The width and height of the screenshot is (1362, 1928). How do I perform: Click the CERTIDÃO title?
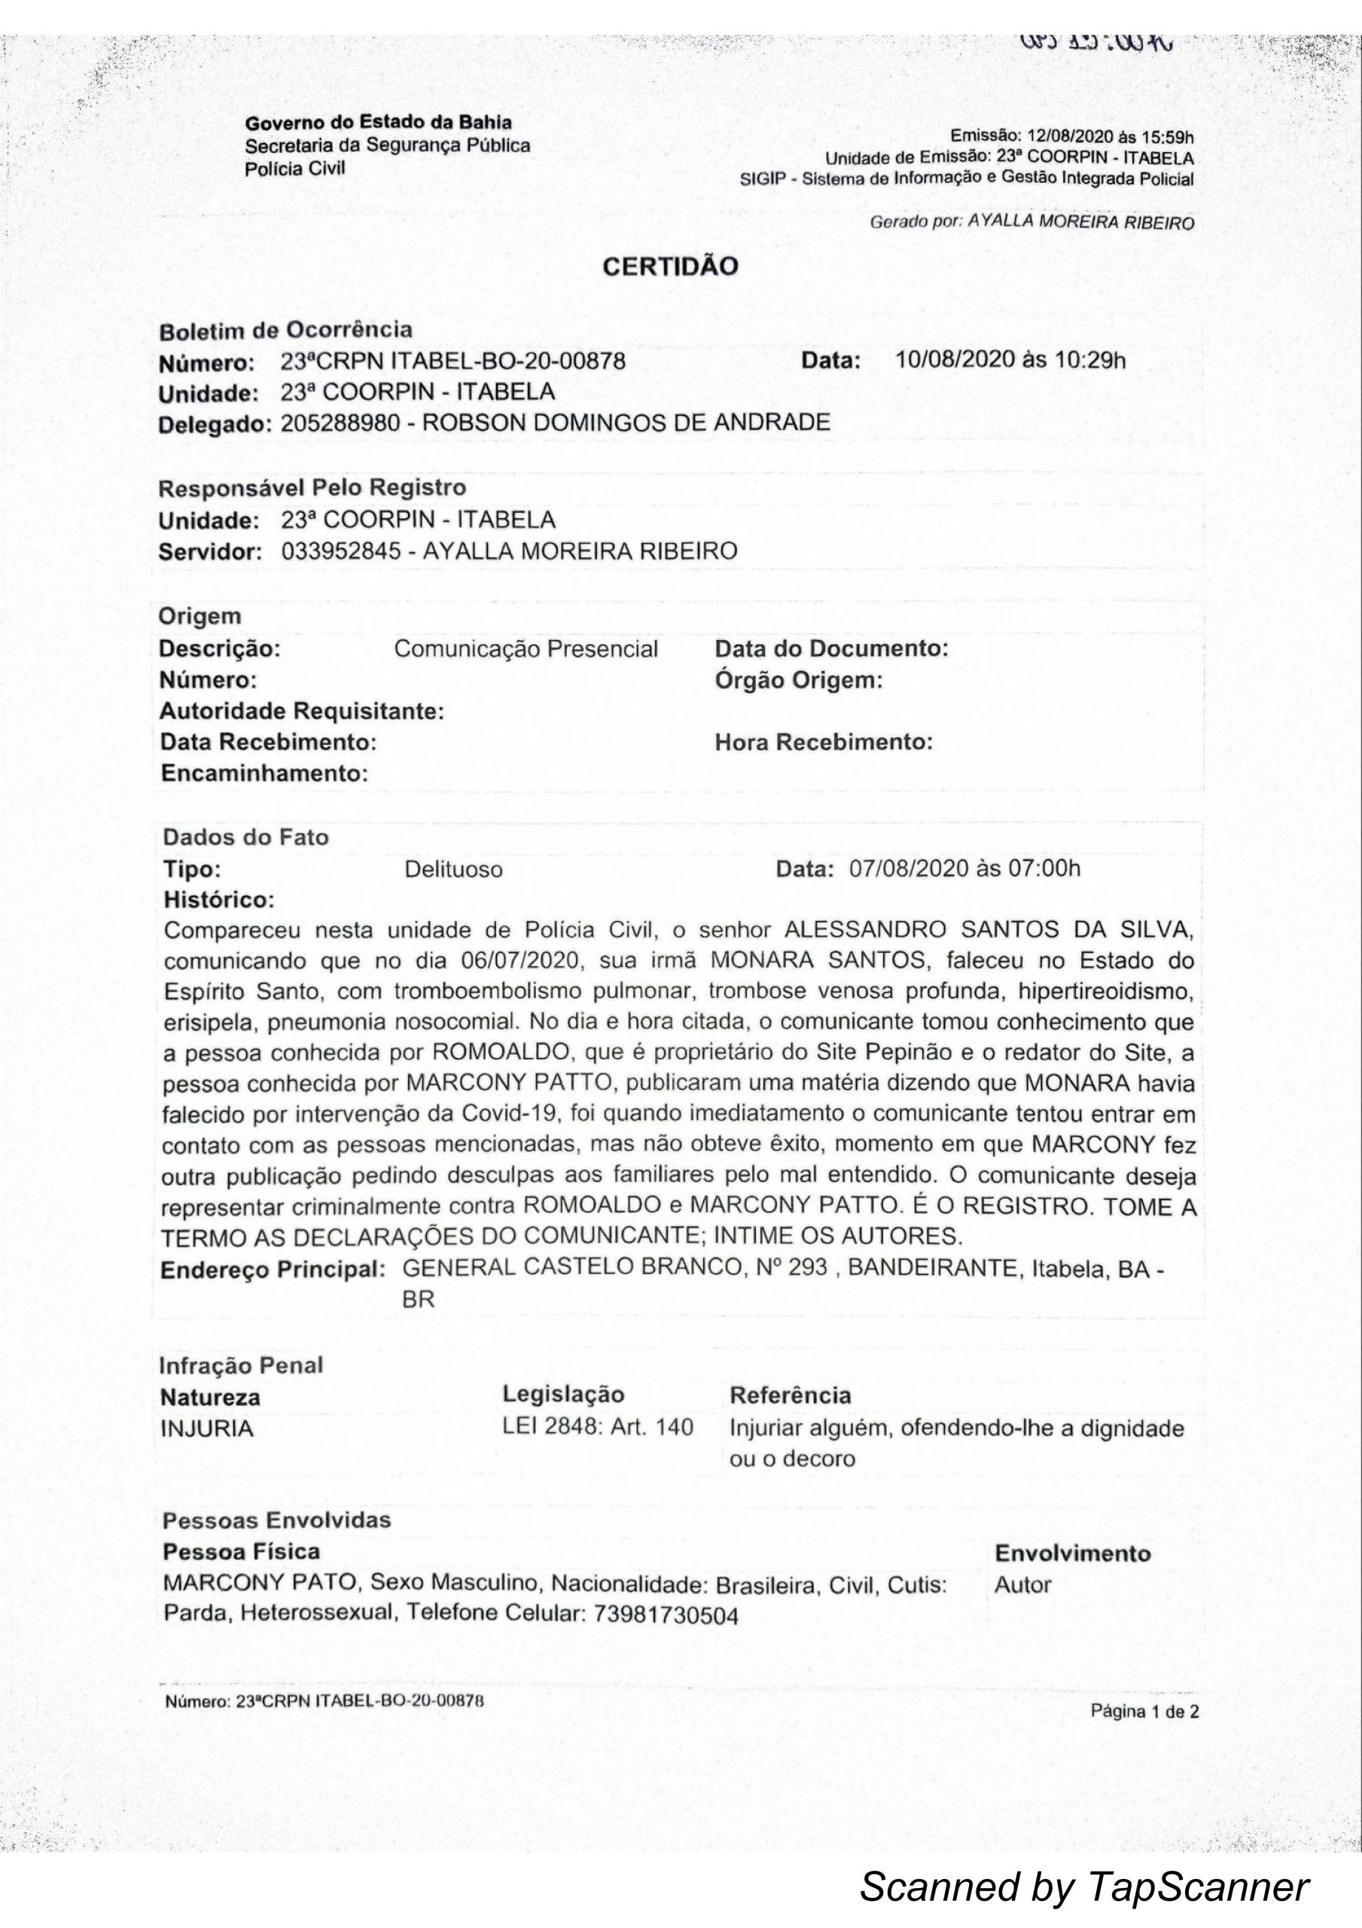click(x=671, y=267)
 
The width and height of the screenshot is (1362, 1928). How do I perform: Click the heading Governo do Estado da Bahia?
click(x=378, y=123)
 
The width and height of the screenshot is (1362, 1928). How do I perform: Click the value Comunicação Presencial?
click(x=526, y=649)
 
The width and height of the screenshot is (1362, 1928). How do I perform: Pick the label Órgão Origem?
click(x=799, y=680)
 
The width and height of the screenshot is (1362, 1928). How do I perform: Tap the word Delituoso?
click(x=453, y=870)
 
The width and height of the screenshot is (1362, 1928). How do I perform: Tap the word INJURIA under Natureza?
click(x=206, y=1429)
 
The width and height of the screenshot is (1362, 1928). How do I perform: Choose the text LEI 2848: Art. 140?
click(x=598, y=1427)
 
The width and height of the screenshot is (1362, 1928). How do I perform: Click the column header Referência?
click(x=790, y=1396)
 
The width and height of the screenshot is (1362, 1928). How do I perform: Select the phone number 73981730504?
click(x=666, y=1615)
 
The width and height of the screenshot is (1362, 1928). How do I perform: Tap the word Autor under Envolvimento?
click(x=1022, y=1585)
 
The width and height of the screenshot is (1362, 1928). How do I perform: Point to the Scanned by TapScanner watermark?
click(x=1084, y=1886)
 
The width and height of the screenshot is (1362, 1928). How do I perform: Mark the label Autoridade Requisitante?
click(x=301, y=712)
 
